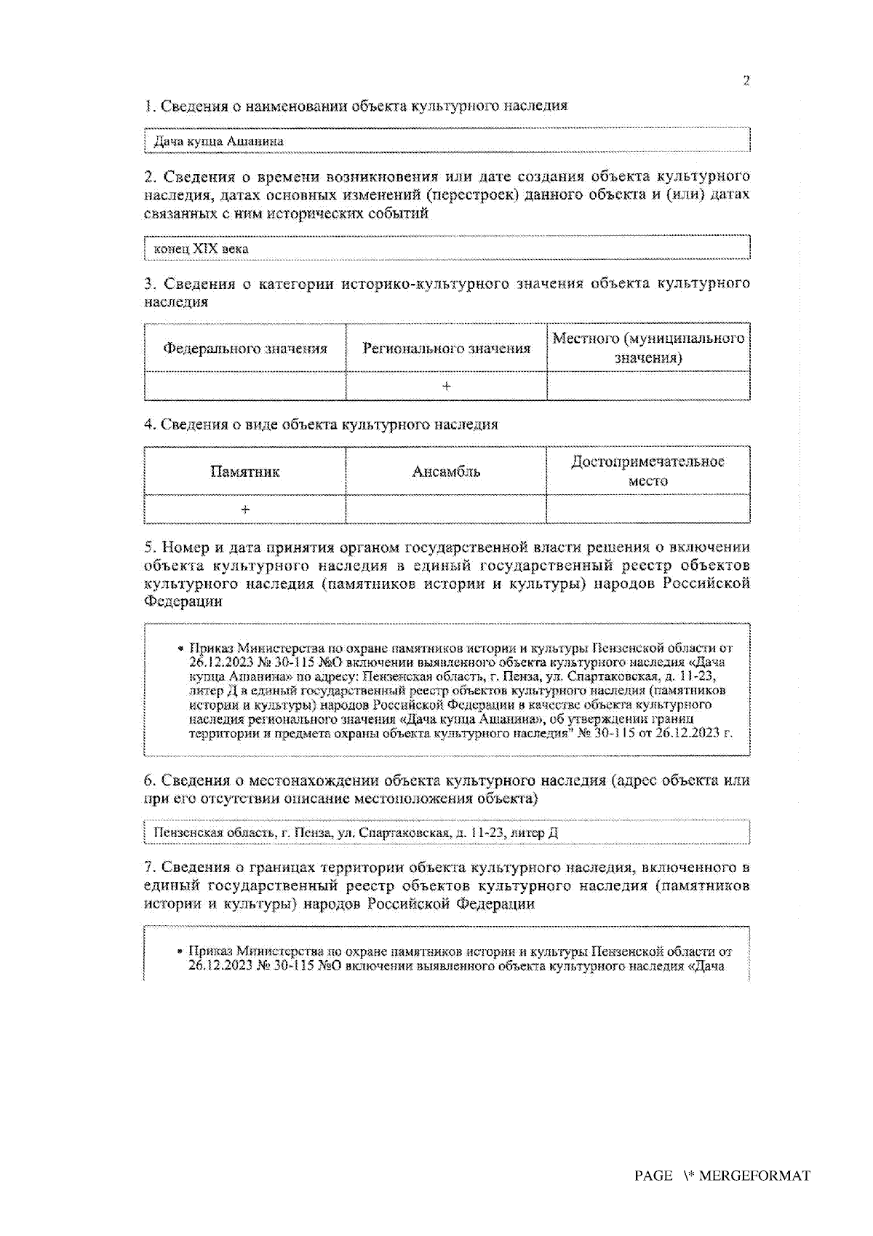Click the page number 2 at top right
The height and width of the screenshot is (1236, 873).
[746, 81]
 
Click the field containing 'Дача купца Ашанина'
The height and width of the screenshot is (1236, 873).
[447, 141]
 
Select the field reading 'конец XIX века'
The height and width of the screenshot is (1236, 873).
[447, 249]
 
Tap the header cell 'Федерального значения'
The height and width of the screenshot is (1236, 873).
[245, 349]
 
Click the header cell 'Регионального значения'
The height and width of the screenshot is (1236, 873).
[446, 349]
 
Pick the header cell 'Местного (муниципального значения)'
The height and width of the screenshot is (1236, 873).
[648, 348]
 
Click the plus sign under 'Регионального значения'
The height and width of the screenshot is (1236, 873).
[446, 386]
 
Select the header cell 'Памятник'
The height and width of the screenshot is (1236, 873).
[245, 472]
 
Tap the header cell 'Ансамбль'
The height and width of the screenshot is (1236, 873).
[446, 472]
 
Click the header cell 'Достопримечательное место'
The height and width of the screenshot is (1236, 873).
[648, 471]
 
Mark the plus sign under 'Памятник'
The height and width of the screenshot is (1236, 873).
[245, 510]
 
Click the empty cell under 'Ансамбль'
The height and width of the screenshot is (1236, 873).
[446, 510]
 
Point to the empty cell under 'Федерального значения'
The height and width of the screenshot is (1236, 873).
[245, 386]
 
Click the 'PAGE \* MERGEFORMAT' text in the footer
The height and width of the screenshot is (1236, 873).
[722, 1176]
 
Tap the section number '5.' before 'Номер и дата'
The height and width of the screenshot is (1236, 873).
[150, 547]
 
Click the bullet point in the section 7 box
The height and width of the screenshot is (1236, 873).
[180, 951]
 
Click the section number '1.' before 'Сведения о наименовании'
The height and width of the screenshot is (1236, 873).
[149, 106]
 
